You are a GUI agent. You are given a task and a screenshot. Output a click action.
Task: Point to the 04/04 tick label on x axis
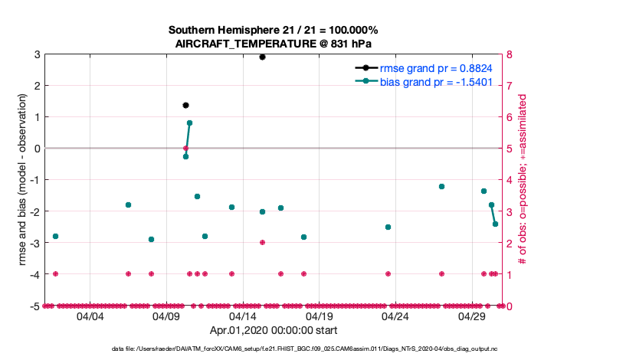click(90, 316)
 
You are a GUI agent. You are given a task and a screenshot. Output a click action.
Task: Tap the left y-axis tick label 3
click(36, 54)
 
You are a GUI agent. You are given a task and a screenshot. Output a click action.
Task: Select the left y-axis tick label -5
click(34, 306)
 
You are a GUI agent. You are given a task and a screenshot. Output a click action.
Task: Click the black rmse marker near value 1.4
click(185, 105)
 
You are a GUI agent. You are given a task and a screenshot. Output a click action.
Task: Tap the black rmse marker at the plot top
click(262, 57)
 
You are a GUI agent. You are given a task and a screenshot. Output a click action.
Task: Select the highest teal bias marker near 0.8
click(189, 123)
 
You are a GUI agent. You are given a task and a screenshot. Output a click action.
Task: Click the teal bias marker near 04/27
click(441, 186)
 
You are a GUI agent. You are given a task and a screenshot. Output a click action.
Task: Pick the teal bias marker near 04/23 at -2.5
click(388, 227)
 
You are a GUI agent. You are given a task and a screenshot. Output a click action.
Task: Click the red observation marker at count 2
click(262, 242)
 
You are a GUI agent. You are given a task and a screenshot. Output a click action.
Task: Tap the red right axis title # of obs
click(523, 180)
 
